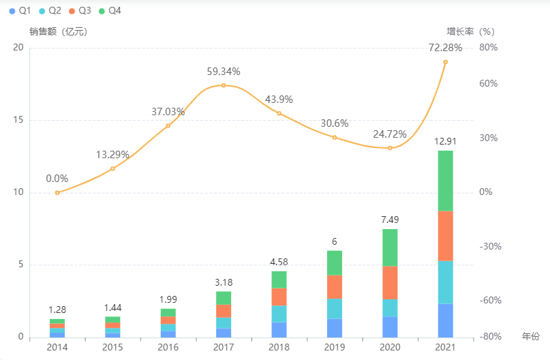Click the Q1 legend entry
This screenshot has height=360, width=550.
point(21,11)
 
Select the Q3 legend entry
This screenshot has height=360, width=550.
point(80,11)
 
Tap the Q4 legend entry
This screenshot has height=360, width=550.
point(110,11)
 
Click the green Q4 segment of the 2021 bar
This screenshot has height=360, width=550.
point(445,181)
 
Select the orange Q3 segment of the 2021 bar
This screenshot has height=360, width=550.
point(445,236)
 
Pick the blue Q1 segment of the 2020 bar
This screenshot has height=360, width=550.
point(390,327)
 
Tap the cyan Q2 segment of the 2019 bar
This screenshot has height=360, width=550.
point(334,308)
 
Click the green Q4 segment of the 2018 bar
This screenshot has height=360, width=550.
point(279,280)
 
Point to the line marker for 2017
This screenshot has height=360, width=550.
point(224,85)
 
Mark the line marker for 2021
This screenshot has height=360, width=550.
point(445,62)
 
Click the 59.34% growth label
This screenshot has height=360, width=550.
point(224,72)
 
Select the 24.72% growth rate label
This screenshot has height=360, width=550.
point(390,134)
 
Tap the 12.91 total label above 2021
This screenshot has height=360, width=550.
point(445,142)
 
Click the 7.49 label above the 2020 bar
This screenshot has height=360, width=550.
point(390,220)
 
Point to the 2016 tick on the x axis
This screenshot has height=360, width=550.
point(168,348)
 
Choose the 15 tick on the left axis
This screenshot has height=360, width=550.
point(18,120)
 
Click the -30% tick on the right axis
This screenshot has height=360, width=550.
point(490,246)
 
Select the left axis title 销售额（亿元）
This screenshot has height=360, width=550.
point(59,31)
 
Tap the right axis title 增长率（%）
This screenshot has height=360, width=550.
point(470,31)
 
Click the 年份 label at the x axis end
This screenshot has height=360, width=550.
point(530,336)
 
